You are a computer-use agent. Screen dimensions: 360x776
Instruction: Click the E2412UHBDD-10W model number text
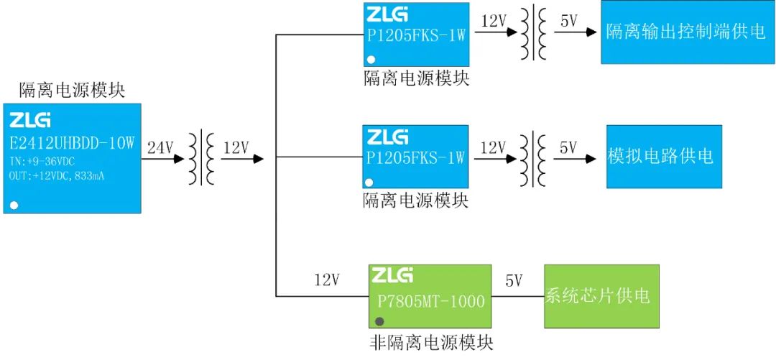click(73, 144)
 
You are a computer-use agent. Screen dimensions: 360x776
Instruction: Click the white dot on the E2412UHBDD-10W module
click(14, 206)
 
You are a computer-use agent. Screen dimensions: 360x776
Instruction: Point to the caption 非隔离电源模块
click(431, 343)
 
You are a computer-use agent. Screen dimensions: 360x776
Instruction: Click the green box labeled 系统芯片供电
click(601, 295)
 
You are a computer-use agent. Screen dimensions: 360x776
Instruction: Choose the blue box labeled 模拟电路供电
click(664, 157)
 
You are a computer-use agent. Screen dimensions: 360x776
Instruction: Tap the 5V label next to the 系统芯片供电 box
click(514, 280)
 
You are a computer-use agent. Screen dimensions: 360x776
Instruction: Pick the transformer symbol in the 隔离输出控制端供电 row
click(533, 33)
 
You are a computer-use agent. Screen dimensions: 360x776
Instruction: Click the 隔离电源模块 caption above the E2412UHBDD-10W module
click(72, 91)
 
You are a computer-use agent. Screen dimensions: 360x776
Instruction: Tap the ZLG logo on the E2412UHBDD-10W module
click(30, 120)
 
